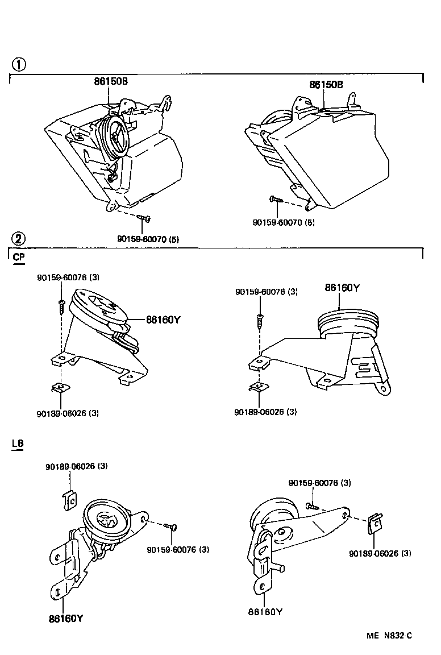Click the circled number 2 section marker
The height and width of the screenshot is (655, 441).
[x=19, y=239]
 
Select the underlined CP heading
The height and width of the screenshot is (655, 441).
[x=18, y=258]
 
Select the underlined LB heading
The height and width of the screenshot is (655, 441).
[x=18, y=443]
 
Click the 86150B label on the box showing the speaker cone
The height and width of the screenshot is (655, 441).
[x=111, y=81]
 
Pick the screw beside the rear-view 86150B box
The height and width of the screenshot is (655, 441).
[x=276, y=200]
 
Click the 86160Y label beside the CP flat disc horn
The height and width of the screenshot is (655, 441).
[x=163, y=320]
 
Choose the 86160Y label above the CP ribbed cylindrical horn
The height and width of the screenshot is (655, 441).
[x=342, y=288]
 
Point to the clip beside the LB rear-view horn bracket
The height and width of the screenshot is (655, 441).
[x=375, y=523]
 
